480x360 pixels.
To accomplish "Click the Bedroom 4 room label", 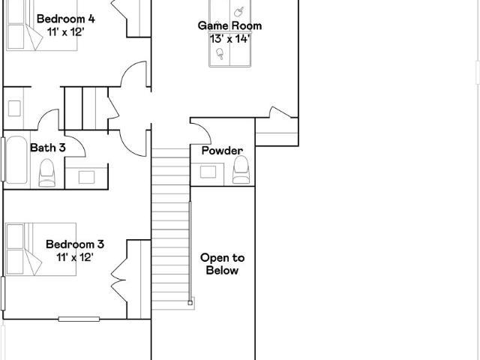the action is (66, 19).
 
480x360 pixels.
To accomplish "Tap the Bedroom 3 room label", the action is (75, 244).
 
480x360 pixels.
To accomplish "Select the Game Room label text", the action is (229, 25).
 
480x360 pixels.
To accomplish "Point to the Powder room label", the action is (222, 151).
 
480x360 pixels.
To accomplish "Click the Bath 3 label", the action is (48, 148).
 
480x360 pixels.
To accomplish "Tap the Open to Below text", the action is (222, 264).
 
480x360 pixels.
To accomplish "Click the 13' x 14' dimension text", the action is (230, 39).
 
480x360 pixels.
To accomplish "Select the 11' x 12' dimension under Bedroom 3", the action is (74, 257).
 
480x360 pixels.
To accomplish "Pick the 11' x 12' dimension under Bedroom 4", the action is (65, 31).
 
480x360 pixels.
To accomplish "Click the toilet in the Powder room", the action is (241, 170).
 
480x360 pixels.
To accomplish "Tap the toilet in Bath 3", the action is (46, 172).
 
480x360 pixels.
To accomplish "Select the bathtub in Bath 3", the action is (16, 160).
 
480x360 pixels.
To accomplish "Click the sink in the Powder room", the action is (208, 172).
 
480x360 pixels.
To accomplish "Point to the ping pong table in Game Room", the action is (230, 33).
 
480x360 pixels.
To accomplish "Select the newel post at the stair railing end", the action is (190, 303).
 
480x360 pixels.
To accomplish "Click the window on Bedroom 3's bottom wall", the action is (79, 319).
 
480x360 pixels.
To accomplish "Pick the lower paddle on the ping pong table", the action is (220, 53).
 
